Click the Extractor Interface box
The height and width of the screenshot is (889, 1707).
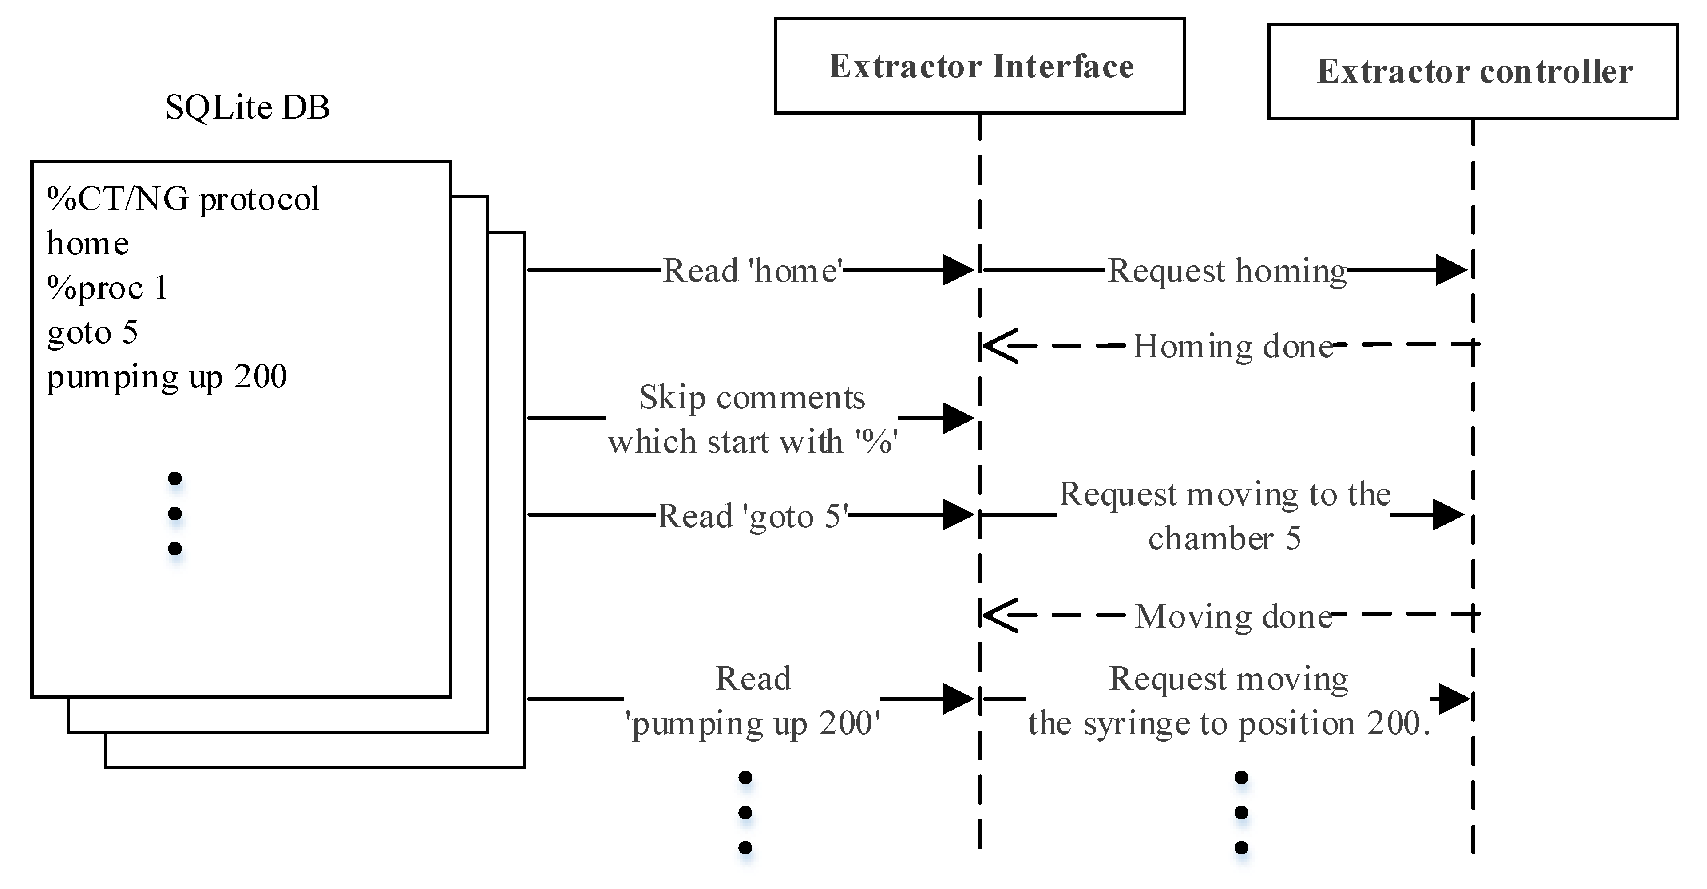coord(979,66)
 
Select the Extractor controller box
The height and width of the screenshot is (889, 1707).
coord(1473,71)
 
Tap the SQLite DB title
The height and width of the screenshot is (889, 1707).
coord(247,107)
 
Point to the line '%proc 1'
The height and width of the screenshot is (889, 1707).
coord(107,288)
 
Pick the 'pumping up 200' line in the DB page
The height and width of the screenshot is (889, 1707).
coord(167,377)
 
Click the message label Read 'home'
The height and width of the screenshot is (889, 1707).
coord(753,270)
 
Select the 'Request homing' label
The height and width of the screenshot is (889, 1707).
coord(1227,271)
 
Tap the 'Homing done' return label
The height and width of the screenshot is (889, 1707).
coord(1232,346)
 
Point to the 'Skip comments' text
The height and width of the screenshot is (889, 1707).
coord(752,398)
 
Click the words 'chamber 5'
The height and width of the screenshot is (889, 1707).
coord(1224,538)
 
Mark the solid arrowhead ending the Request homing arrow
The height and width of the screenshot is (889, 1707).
coord(1451,270)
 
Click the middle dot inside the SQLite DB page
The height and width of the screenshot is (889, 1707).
coord(175,514)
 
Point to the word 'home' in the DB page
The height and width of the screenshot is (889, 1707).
coord(88,244)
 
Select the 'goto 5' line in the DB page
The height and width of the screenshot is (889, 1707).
coord(93,332)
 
